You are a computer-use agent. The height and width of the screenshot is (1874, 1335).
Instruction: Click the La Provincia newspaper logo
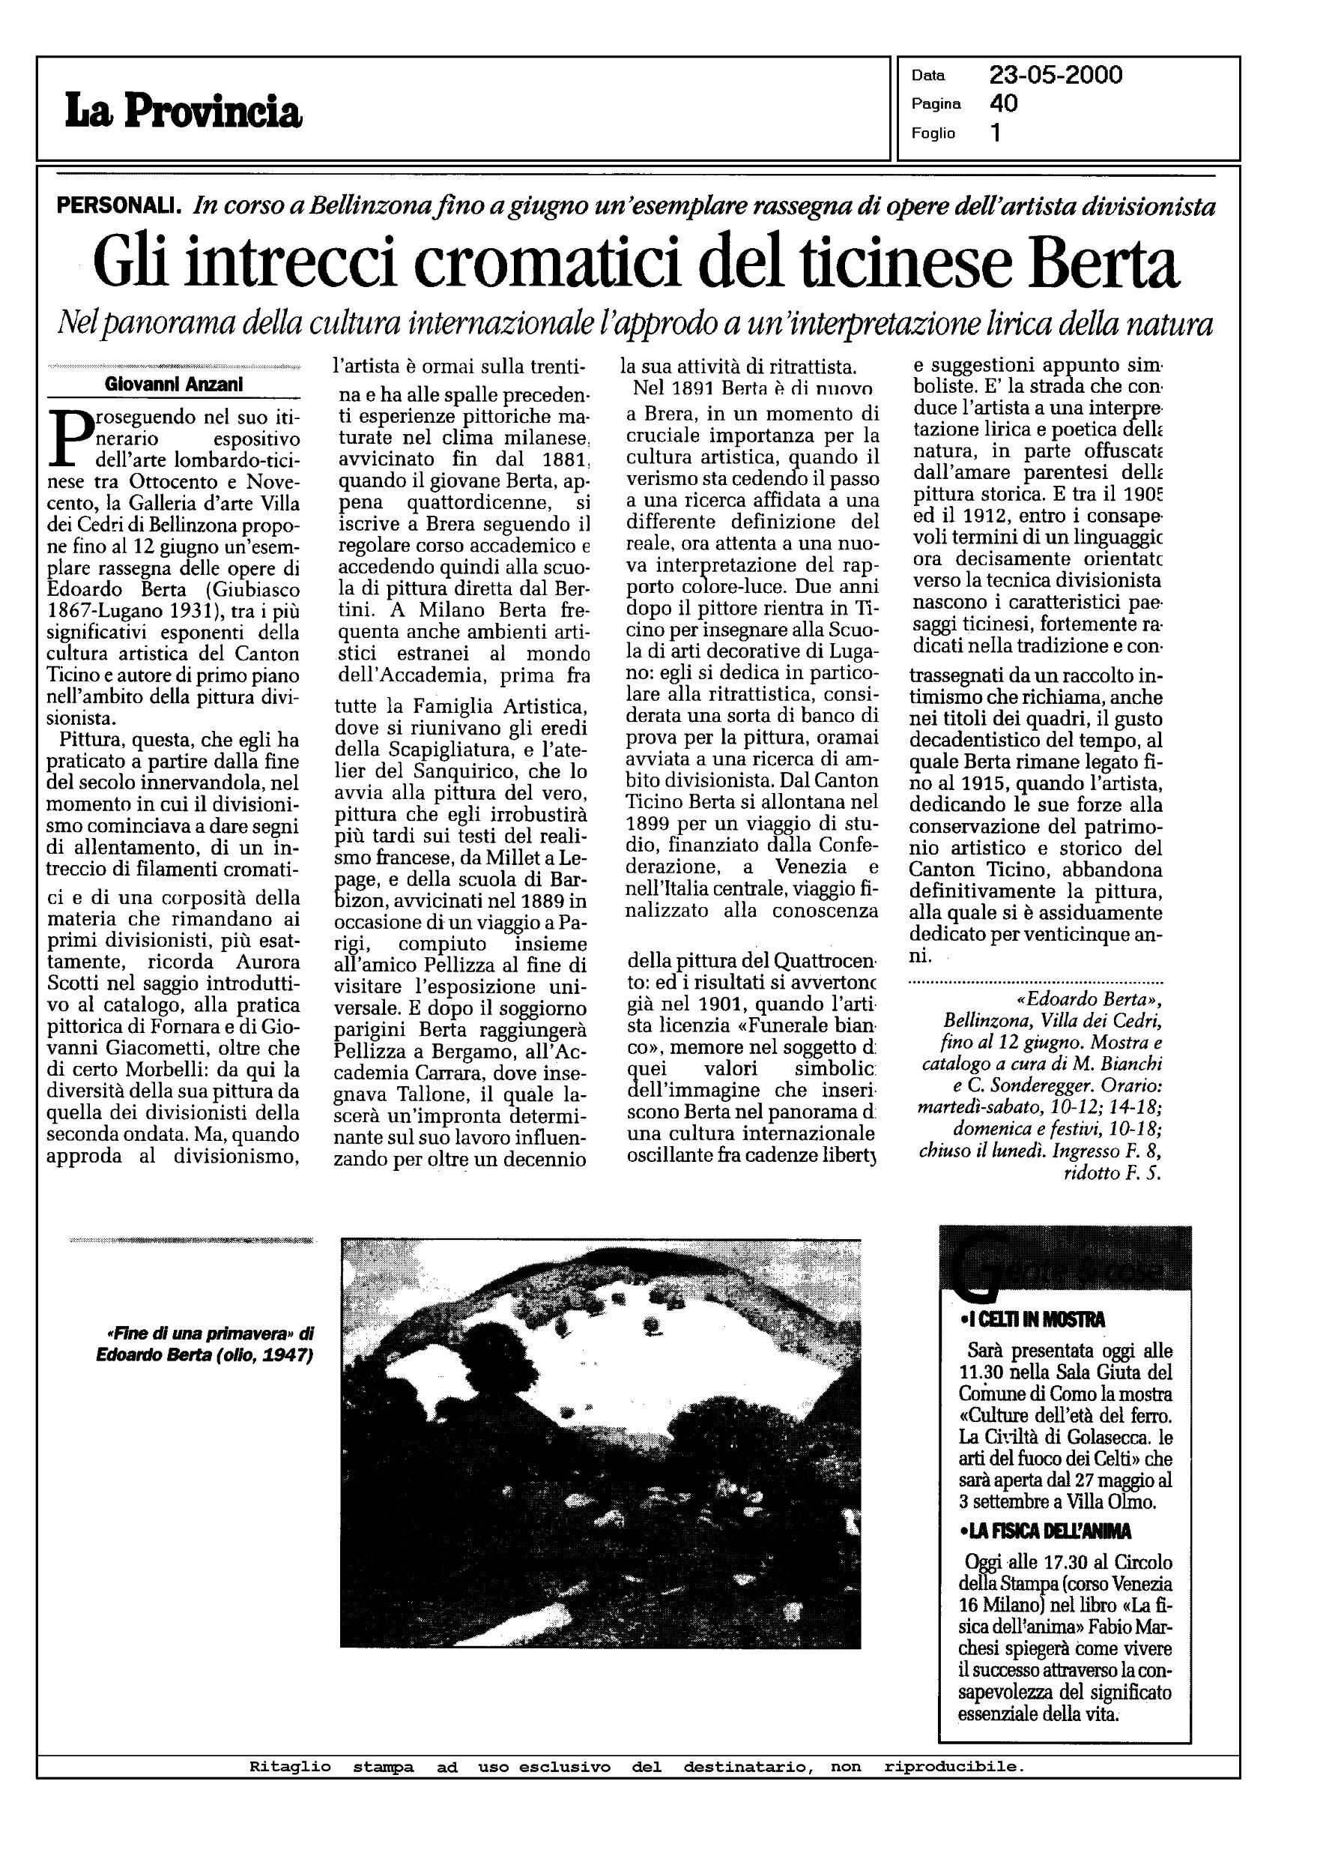(x=184, y=111)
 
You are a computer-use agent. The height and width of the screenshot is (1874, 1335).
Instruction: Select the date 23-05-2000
(x=1056, y=76)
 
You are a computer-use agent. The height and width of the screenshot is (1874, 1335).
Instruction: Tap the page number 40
(x=1004, y=103)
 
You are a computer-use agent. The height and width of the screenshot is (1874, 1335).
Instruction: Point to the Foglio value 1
(x=996, y=133)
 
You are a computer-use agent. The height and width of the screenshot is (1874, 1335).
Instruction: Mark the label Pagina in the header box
(x=936, y=104)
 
